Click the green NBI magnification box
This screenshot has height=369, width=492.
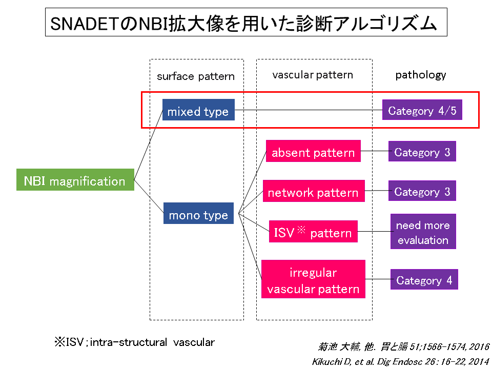point(75,179)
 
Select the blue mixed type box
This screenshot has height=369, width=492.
point(198,110)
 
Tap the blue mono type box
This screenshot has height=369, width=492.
point(198,213)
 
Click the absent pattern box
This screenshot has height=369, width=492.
point(313,151)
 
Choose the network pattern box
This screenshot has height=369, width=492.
point(314,191)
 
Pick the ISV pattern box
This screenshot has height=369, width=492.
point(313,231)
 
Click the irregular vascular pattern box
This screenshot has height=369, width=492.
point(313,279)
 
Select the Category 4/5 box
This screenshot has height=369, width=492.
point(422,110)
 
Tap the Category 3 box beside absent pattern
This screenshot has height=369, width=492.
point(422,151)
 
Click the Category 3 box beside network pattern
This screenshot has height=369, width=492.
point(422,191)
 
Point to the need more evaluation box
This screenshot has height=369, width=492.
point(423,231)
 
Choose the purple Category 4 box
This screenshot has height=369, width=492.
point(424,279)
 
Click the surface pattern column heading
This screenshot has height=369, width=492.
point(196,76)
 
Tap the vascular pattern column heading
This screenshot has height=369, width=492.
point(313,75)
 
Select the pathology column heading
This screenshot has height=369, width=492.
point(420,75)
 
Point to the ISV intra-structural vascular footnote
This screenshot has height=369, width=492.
point(135,342)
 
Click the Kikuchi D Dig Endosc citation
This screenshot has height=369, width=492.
point(401,362)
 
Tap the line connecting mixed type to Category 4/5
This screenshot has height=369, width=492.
point(309,110)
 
